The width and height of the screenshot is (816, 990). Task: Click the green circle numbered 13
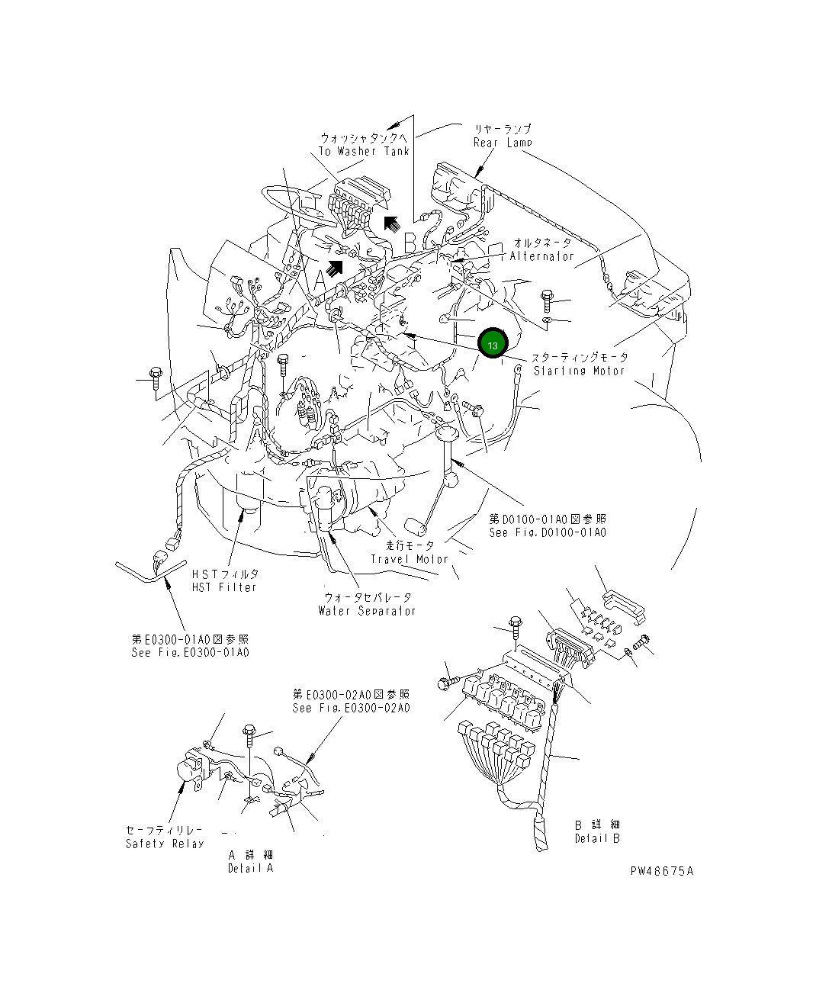pyautogui.click(x=492, y=344)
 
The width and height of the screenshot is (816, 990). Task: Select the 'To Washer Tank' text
pyautogui.click(x=364, y=151)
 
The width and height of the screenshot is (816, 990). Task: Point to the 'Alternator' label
pyautogui.click(x=542, y=256)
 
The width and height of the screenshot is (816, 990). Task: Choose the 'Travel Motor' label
pyautogui.click(x=410, y=559)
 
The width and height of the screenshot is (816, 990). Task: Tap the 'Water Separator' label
pyautogui.click(x=368, y=611)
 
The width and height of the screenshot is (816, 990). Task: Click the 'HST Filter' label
pyautogui.click(x=225, y=587)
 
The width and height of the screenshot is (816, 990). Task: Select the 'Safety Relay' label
pyautogui.click(x=165, y=844)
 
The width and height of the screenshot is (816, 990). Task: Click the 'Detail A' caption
pyautogui.click(x=250, y=869)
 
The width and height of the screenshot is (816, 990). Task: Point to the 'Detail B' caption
pyautogui.click(x=597, y=838)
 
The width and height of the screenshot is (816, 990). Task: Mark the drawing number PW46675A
pyautogui.click(x=661, y=871)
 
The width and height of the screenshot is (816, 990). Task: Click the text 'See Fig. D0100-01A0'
pyautogui.click(x=548, y=532)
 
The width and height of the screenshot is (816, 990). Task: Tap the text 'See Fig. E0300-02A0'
pyautogui.click(x=351, y=708)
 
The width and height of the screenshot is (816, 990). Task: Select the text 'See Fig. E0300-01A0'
pyautogui.click(x=190, y=653)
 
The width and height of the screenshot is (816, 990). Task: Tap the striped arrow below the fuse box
pyautogui.click(x=333, y=266)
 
